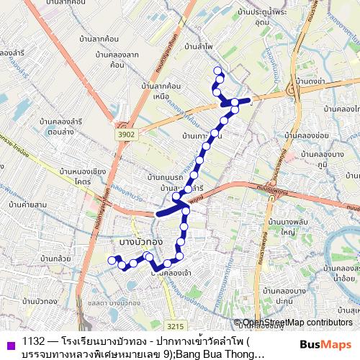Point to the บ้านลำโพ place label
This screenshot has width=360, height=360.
pyautogui.click(x=198, y=46)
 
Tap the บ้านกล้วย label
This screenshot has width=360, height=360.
pyautogui.click(x=55, y=258)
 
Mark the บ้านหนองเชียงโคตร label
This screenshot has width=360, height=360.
pyautogui.click(x=84, y=176)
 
